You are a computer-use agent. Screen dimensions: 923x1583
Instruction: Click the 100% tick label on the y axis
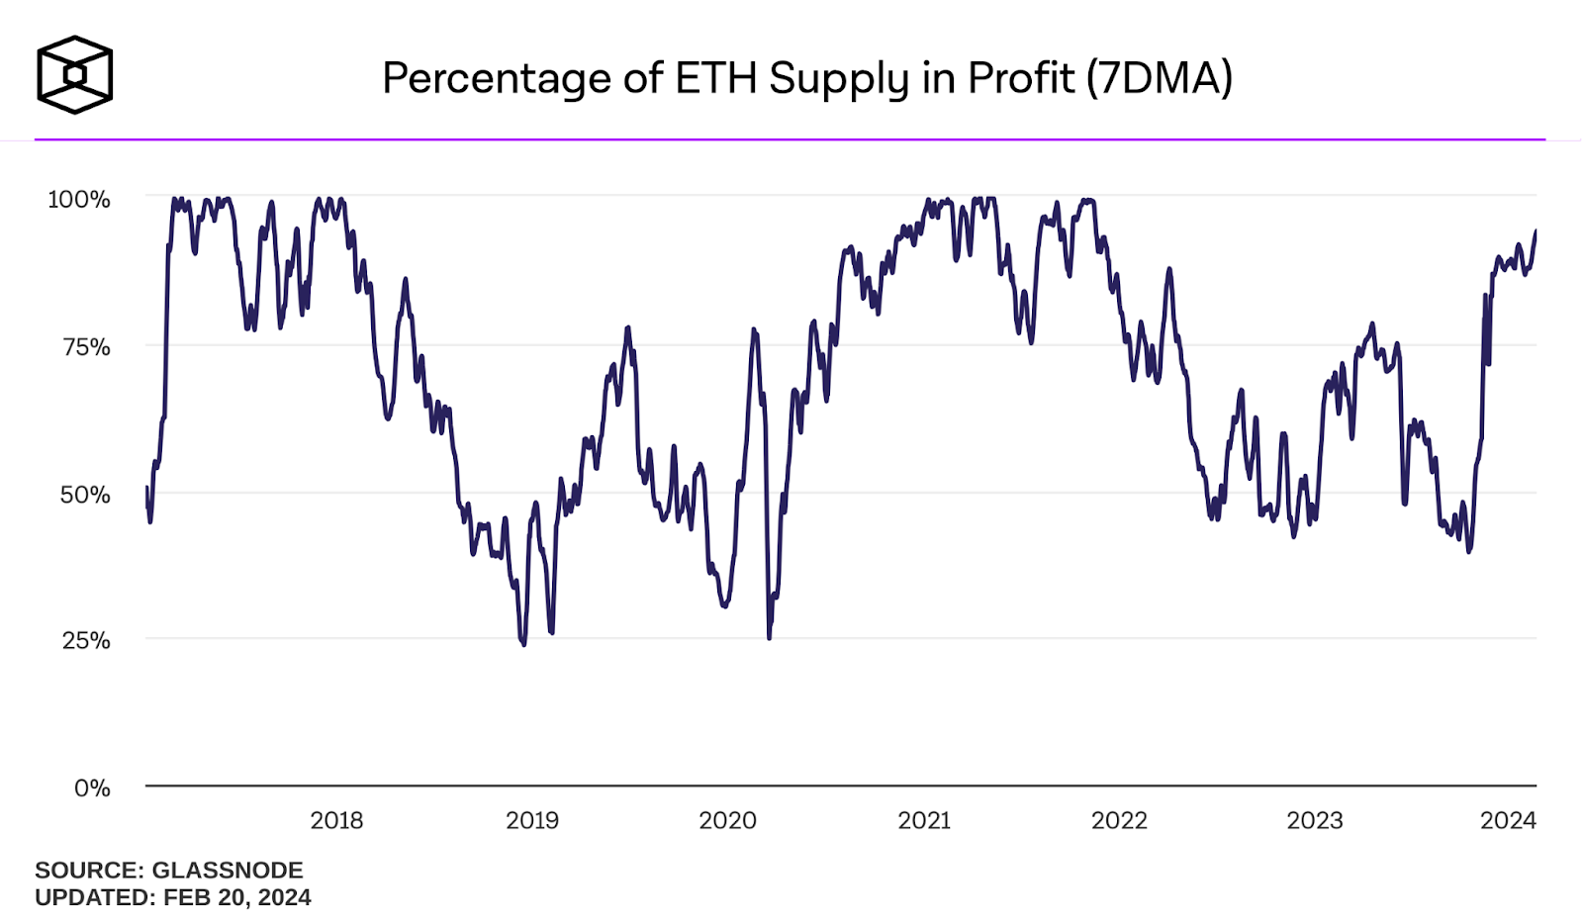(79, 199)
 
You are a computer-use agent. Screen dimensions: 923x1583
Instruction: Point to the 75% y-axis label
(86, 346)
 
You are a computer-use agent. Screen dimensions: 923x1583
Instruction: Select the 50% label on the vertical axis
(85, 494)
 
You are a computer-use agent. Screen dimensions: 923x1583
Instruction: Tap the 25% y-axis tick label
(86, 640)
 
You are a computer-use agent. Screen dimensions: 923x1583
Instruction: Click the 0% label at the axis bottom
(92, 787)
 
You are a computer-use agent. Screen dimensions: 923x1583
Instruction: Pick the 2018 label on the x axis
(336, 820)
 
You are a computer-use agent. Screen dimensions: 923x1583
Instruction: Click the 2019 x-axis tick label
(532, 820)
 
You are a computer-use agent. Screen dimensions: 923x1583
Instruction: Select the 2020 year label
(727, 820)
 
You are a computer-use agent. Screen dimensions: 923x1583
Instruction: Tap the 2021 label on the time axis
(924, 820)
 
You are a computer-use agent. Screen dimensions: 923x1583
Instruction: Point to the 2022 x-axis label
(1119, 820)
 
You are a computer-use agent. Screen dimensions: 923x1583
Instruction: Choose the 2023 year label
(1315, 820)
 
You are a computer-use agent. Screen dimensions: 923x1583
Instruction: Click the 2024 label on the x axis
(1508, 820)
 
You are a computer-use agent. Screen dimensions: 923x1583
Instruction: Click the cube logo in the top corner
(75, 75)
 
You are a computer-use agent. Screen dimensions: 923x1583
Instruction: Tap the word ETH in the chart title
(716, 78)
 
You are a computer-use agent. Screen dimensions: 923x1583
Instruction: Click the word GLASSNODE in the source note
(228, 870)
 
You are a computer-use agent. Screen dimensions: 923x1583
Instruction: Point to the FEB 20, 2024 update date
(236, 897)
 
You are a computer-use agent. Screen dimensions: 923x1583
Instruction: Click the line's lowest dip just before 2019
(523, 644)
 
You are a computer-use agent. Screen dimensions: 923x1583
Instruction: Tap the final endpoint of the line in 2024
(1536, 231)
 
